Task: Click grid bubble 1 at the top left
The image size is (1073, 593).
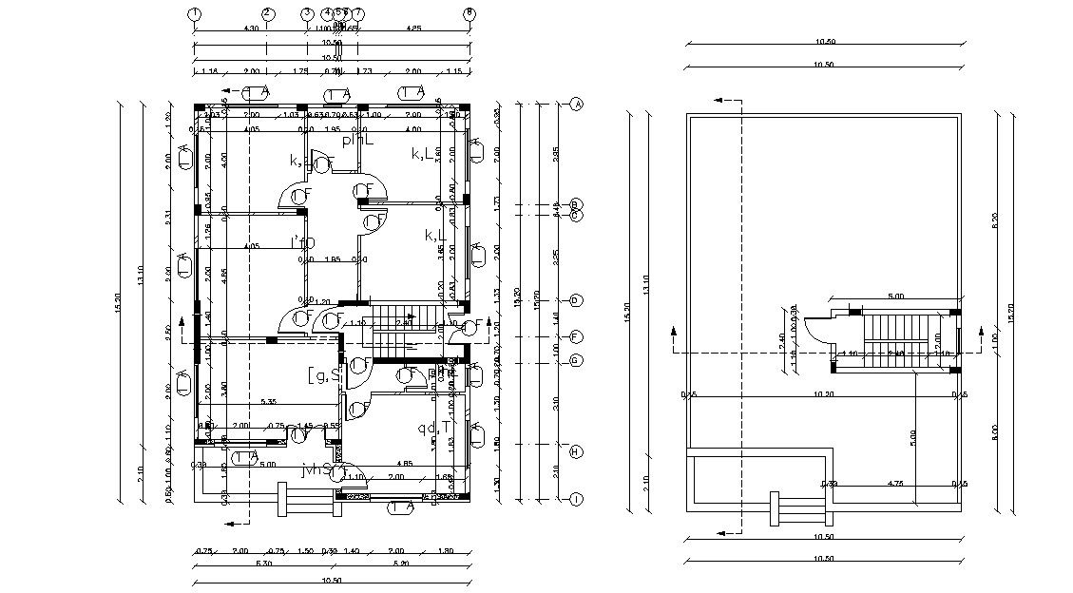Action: pyautogui.click(x=194, y=13)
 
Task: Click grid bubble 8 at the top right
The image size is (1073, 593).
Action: pyautogui.click(x=469, y=13)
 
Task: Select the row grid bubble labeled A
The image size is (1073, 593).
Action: pyautogui.click(x=576, y=104)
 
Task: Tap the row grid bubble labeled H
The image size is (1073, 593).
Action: pyautogui.click(x=576, y=451)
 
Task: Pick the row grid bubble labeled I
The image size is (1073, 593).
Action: pyautogui.click(x=576, y=498)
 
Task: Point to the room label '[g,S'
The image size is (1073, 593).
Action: pyautogui.click(x=323, y=375)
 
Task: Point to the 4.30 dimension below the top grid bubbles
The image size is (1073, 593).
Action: pyautogui.click(x=225, y=29)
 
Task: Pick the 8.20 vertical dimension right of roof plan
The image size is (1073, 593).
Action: pyautogui.click(x=995, y=220)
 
